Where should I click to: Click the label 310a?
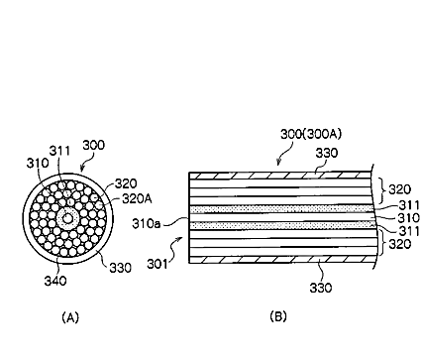pos(147,224)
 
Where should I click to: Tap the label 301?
pos(158,264)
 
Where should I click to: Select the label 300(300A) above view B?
pos(311,134)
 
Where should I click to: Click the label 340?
pos(55,281)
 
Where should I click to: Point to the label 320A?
pos(137,198)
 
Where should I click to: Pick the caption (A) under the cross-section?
pos(70,317)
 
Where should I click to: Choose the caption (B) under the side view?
pos(278,316)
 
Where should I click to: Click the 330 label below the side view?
pos(321,288)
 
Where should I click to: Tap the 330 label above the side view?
pos(327,153)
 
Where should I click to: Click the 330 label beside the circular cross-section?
pos(120,268)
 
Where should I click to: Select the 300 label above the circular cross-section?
pos(93,145)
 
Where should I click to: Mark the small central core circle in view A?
pos(67,218)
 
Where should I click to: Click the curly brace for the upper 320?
pos(382,190)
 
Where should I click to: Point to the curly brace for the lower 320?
pos(382,243)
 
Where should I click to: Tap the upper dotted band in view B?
pos(282,209)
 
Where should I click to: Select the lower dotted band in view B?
pos(282,225)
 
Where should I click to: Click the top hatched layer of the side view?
pos(280,176)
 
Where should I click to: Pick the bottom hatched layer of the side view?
pos(280,260)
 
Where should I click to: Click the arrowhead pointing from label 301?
pos(180,238)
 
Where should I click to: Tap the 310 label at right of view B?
pos(409,218)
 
